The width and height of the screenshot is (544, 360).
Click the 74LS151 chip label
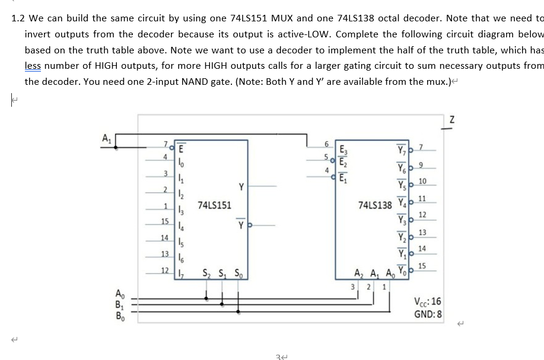pyautogui.click(x=215, y=205)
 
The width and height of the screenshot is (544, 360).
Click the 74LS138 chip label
pyautogui.click(x=376, y=205)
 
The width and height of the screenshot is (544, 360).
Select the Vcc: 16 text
pyautogui.click(x=429, y=302)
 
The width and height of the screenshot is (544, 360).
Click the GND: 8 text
pyautogui.click(x=428, y=314)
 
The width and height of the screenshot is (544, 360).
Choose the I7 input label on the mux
pyautogui.click(x=181, y=273)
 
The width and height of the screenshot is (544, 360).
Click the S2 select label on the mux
pyautogui.click(x=207, y=273)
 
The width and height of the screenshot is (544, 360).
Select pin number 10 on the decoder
pyautogui.click(x=422, y=181)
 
